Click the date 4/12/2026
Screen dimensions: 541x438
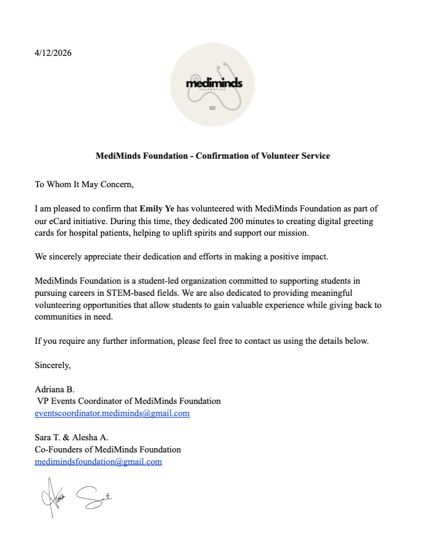[x=53, y=53]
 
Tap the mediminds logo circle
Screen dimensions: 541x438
[x=214, y=85]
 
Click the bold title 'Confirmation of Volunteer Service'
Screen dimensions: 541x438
[x=213, y=156]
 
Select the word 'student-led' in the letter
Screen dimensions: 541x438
[x=156, y=281]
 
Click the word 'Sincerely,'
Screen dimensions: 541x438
[x=53, y=365]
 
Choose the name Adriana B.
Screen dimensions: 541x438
[x=55, y=389]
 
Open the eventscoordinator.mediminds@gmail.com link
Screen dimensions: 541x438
[x=112, y=413]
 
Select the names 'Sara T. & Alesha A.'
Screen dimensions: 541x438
[x=71, y=438]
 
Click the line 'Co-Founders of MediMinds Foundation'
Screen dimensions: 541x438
[x=108, y=450]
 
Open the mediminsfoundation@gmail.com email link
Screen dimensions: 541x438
[x=98, y=462]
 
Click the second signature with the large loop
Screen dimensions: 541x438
[x=94, y=496]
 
